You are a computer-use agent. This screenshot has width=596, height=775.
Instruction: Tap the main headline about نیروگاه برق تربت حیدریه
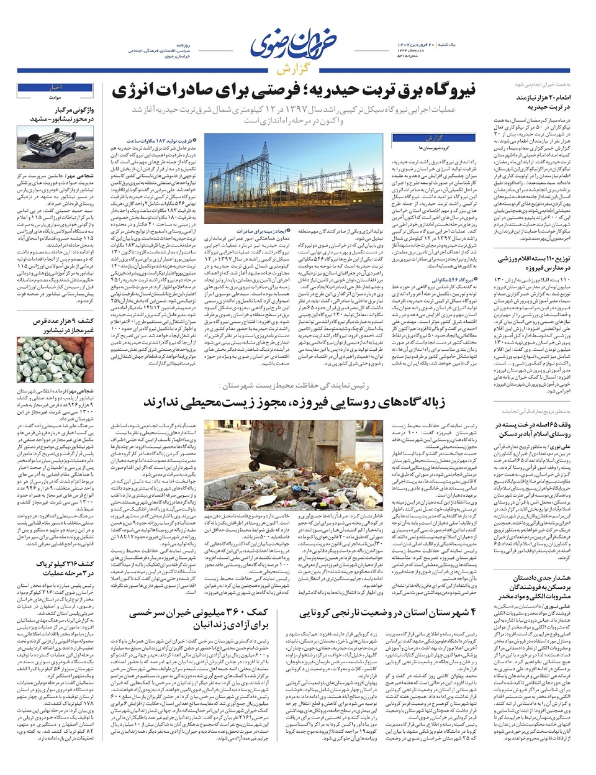pos(294,91)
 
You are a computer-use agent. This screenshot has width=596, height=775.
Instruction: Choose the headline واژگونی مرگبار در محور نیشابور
pos(55,114)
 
